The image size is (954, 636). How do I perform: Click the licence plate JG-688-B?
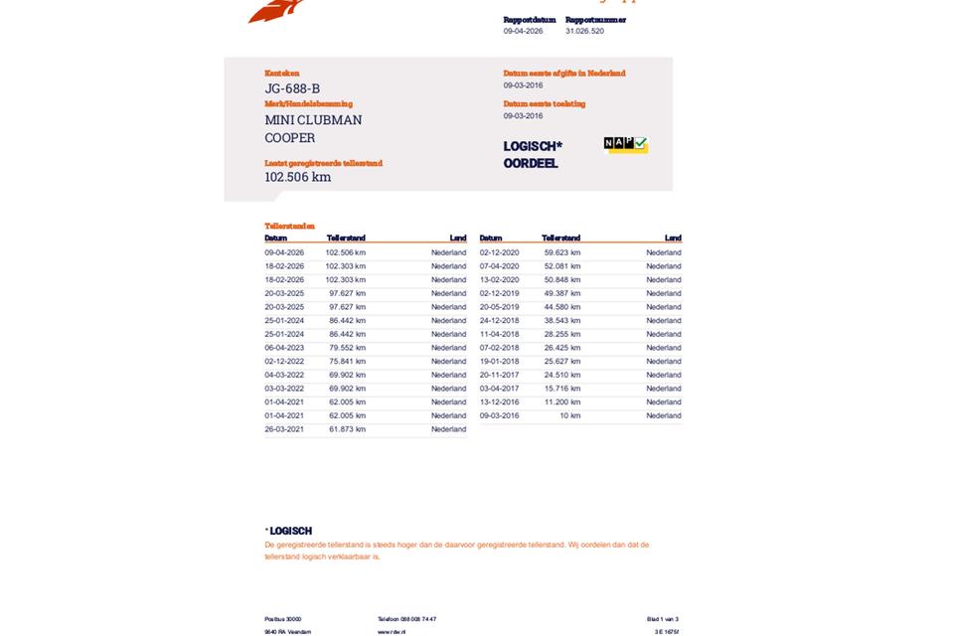(292, 88)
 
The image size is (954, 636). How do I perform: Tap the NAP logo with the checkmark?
(625, 145)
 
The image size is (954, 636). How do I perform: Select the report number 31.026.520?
(584, 31)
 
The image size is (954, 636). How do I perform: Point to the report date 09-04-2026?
(523, 31)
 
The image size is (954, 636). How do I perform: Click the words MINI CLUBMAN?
(313, 120)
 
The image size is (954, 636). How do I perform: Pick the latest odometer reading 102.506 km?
(297, 177)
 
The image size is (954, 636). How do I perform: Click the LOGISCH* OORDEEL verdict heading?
(532, 155)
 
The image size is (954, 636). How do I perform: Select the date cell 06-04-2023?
(284, 348)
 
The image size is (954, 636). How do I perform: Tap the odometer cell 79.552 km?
(347, 348)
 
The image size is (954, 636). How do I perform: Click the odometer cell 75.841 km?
(347, 362)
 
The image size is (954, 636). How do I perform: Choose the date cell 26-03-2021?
(284, 429)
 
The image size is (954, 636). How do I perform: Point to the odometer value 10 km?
(569, 415)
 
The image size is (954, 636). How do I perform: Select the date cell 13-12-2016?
(499, 402)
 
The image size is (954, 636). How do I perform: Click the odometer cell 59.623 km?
(561, 252)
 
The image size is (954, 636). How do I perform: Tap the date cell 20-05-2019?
(499, 307)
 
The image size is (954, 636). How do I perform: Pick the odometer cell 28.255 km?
(561, 335)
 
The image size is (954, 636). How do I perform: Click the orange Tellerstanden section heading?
(289, 227)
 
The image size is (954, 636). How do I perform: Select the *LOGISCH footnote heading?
(288, 532)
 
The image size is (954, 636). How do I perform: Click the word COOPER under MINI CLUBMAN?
(290, 138)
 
